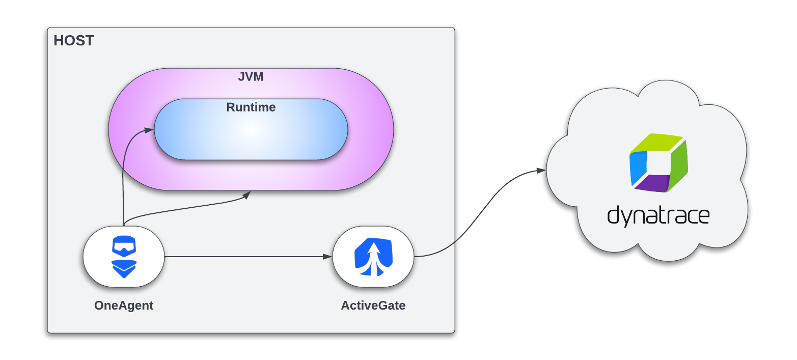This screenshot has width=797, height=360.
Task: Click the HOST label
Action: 74,41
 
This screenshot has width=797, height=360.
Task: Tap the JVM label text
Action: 251,78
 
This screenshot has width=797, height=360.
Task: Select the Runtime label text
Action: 251,107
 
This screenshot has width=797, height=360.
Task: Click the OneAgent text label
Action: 124,306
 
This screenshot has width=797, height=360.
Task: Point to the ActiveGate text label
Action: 373,306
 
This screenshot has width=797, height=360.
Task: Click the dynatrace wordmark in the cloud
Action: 658,216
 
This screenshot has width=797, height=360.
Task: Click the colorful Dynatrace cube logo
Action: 658,163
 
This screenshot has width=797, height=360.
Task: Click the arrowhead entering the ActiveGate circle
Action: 327,256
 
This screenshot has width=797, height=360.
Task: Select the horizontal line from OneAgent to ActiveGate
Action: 244,256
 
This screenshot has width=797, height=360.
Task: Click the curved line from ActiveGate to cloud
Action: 479,214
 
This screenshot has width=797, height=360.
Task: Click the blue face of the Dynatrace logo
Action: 638,168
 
